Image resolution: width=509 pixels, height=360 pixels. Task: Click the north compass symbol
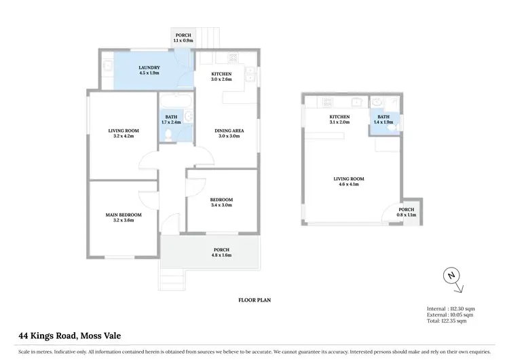pyautogui.click(x=450, y=276)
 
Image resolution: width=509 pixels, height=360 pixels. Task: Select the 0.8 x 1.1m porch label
pyautogui.click(x=407, y=213)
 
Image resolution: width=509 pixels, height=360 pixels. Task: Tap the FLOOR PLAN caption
pyautogui.click(x=254, y=299)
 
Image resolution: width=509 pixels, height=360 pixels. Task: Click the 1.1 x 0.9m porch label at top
pyautogui.click(x=183, y=37)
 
